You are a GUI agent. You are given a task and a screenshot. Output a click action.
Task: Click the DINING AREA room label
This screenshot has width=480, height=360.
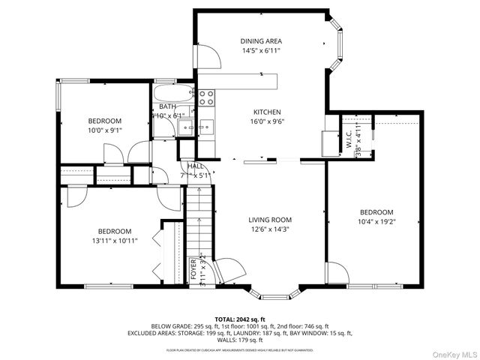tap(261, 40)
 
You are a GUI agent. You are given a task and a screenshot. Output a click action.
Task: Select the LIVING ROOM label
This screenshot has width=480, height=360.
tap(270, 220)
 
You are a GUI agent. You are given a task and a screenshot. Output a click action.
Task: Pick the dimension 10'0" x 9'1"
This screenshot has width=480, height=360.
tap(104, 130)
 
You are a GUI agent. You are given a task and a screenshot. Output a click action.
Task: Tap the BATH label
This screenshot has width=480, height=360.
tap(166, 106)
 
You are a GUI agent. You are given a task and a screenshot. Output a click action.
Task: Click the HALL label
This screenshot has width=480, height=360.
tap(196, 166)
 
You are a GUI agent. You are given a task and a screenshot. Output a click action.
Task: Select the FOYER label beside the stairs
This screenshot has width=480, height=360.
tap(193, 268)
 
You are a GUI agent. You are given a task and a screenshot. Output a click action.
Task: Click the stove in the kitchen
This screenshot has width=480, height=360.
tap(207, 96)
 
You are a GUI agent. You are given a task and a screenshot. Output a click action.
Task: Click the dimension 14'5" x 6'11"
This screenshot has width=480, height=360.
tap(261, 51)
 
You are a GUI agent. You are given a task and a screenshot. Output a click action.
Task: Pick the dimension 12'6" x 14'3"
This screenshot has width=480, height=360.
tap(270, 230)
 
